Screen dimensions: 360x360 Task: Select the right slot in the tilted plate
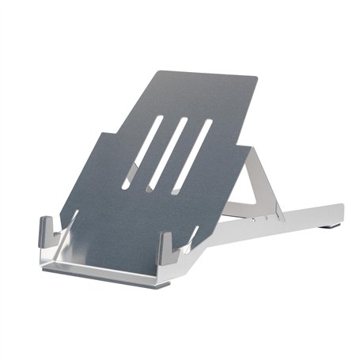click(x=194, y=154)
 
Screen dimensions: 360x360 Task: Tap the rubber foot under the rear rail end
click(x=329, y=228)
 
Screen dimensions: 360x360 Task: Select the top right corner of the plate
click(x=256, y=78)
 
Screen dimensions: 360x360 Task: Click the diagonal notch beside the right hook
click(x=190, y=237)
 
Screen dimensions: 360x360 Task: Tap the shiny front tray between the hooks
click(x=111, y=261)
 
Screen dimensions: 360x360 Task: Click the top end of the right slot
click(x=210, y=123)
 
